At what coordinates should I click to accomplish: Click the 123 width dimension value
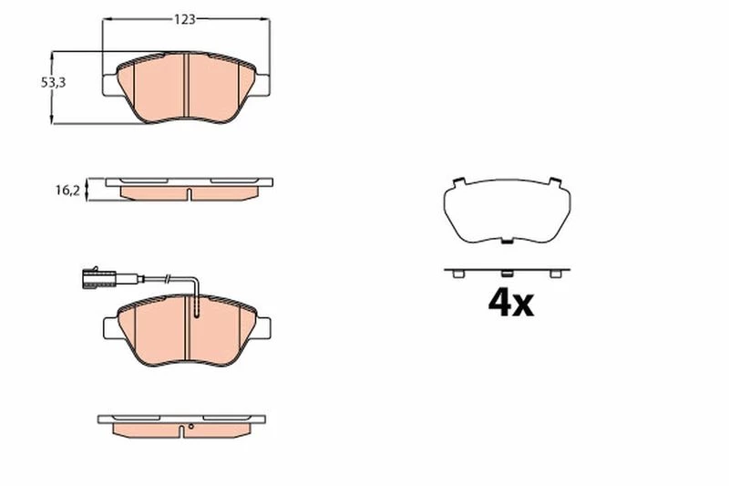click(x=185, y=19)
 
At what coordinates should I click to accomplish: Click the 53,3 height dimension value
click(x=54, y=83)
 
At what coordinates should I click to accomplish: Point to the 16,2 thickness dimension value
click(x=67, y=191)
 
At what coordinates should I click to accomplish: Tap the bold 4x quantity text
click(x=510, y=303)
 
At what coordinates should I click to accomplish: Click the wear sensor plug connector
click(x=98, y=278)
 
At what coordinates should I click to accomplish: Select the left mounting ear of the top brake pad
click(x=109, y=86)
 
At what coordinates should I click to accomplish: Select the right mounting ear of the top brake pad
click(x=262, y=85)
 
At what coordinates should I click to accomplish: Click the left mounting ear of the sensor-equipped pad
click(x=110, y=329)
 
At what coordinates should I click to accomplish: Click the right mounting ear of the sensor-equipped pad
click(x=262, y=329)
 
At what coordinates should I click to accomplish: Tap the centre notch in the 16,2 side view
click(x=190, y=194)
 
